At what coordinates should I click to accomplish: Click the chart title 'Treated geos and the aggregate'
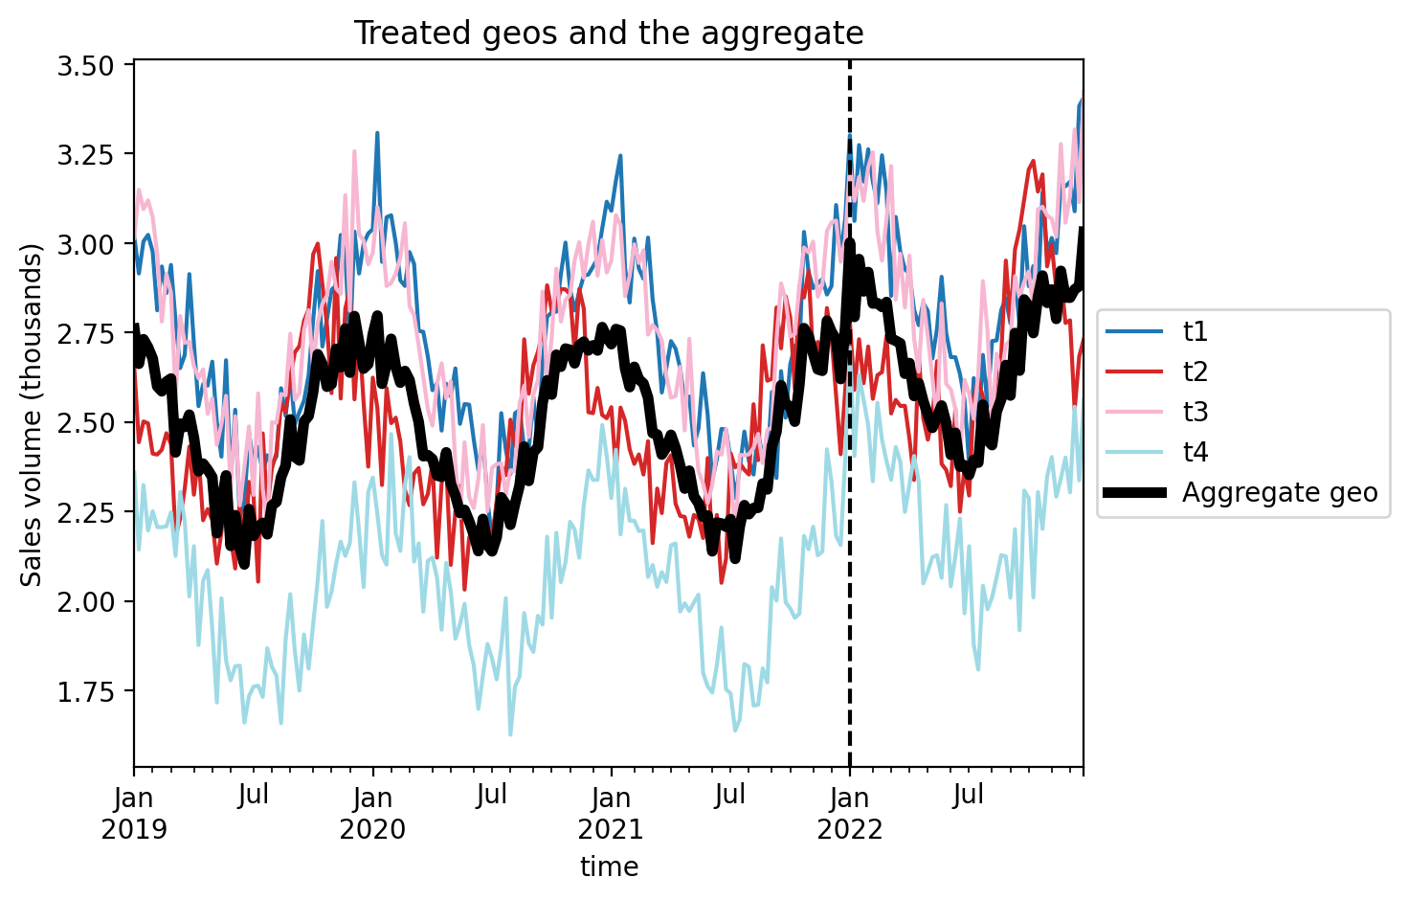(609, 34)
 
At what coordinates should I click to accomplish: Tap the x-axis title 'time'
(609, 866)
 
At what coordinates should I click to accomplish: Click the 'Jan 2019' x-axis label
(134, 812)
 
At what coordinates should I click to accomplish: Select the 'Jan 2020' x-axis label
(372, 812)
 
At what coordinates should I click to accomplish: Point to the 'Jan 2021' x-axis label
(611, 812)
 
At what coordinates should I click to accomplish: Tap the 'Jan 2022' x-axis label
(850, 812)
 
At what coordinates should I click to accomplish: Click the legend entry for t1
(1196, 331)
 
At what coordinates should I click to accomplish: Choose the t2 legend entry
(1196, 371)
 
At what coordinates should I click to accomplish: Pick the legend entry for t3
(1196, 412)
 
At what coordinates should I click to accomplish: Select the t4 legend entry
(1196, 452)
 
